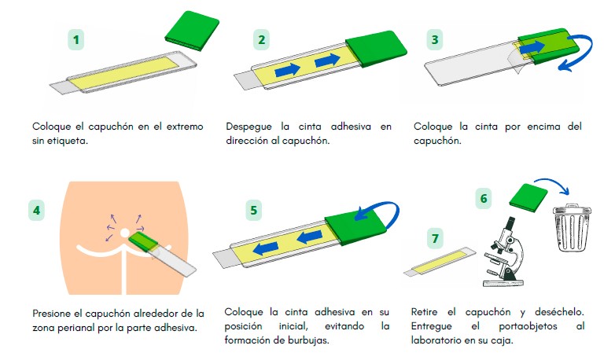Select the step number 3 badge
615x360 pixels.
[x=434, y=39]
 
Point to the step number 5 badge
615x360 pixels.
[x=253, y=210]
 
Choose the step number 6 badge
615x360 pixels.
[x=485, y=199]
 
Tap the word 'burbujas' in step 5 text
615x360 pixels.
[x=315, y=340]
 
